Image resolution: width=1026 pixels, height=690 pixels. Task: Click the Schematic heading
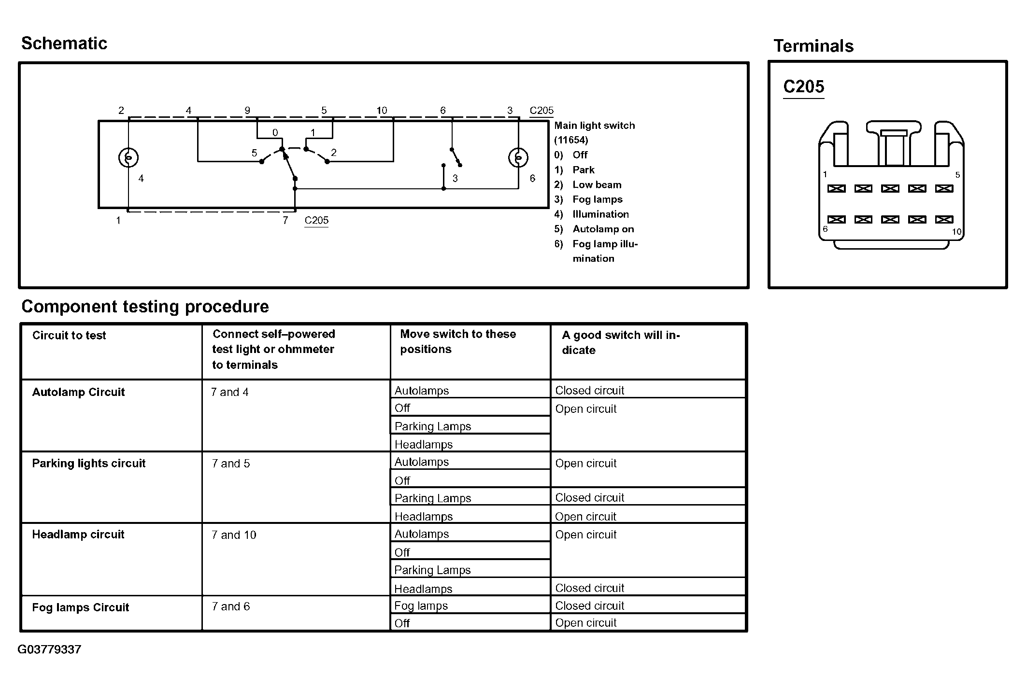64,43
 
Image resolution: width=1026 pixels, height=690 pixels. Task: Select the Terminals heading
813,46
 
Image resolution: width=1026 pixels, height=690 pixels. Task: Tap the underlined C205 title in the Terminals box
803,87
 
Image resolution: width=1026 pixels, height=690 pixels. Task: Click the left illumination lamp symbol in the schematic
128,157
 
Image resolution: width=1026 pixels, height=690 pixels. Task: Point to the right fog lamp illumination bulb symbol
518,157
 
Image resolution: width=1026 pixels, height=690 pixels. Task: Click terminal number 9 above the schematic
247,111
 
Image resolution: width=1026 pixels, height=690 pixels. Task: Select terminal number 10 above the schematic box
382,111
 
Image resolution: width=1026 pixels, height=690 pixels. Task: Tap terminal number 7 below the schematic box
285,220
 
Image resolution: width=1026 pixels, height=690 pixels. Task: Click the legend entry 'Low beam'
597,185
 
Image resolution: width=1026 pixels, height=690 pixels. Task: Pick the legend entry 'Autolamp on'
603,229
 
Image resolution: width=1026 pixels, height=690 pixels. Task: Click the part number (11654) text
571,140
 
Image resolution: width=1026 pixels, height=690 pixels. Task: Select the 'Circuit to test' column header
69,336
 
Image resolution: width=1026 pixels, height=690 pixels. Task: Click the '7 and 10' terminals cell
234,535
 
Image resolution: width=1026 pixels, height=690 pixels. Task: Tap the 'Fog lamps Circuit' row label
80,607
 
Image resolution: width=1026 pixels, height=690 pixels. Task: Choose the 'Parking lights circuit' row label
88,464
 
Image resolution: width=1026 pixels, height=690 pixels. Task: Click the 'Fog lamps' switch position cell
421,606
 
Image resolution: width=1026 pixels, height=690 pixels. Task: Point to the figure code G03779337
49,649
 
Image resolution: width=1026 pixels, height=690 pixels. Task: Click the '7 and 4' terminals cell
230,392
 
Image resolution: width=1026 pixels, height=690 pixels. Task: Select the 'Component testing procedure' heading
145,307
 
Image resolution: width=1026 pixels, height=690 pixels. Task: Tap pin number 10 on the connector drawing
956,232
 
